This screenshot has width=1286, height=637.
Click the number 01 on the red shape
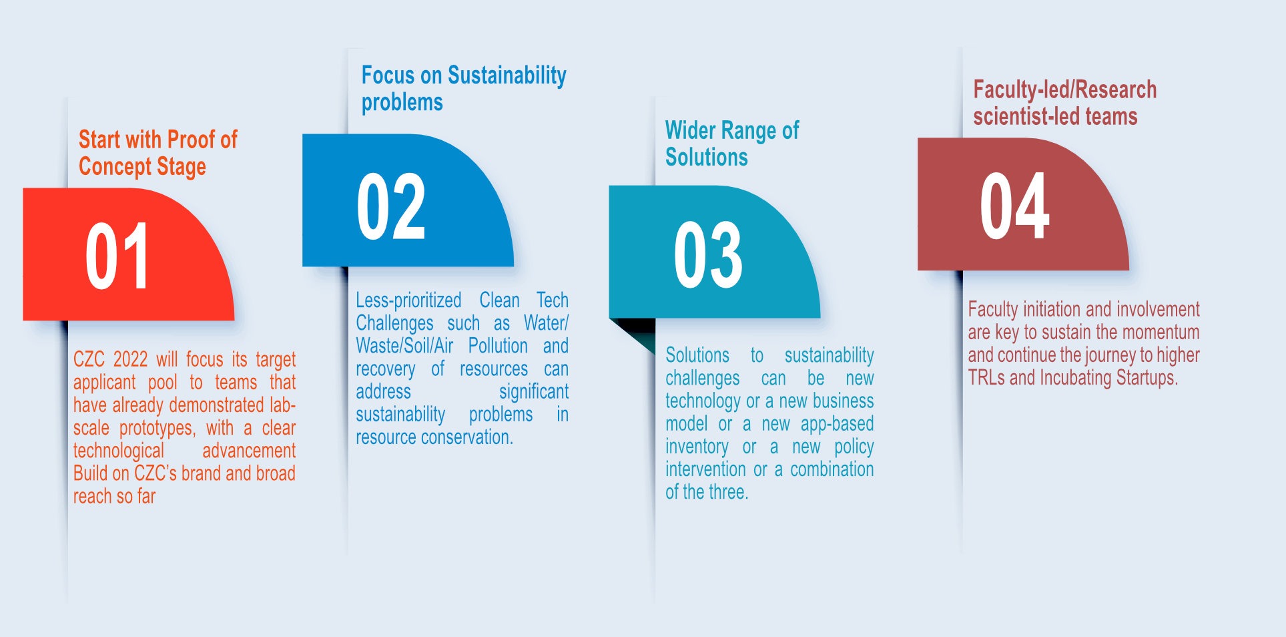tap(117, 256)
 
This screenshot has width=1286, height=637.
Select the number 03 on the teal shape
tap(708, 255)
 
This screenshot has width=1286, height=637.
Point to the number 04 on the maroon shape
tap(1014, 205)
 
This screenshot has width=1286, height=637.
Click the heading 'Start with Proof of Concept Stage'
tap(158, 154)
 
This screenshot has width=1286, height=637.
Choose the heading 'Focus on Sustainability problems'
tap(464, 88)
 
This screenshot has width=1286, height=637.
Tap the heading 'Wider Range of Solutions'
tap(732, 144)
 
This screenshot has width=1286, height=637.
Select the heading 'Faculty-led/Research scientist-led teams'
tap(1065, 103)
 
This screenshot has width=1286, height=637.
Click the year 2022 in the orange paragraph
tap(130, 359)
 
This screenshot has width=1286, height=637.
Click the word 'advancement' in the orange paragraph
tap(249, 451)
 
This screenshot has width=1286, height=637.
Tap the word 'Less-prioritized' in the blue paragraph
tap(408, 300)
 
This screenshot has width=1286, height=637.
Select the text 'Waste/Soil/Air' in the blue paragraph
tap(404, 346)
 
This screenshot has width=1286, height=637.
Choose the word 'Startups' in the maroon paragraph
tap(1147, 378)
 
